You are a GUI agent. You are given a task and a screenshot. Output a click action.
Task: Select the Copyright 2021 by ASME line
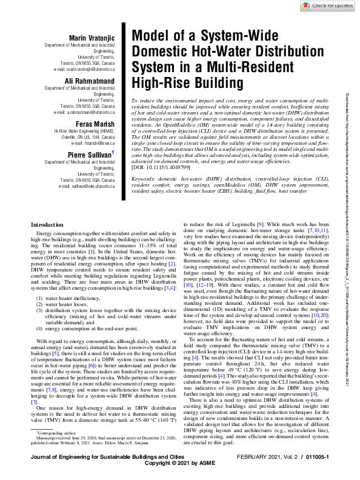point(179,471)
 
